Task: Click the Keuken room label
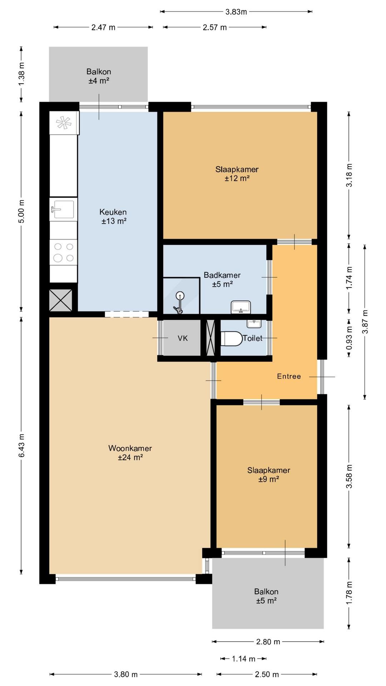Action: click(x=113, y=212)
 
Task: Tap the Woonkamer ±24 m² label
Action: click(x=130, y=453)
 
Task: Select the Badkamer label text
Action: click(x=222, y=275)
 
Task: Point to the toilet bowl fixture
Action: click(x=231, y=338)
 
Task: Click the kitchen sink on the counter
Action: click(x=63, y=209)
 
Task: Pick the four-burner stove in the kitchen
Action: click(x=63, y=252)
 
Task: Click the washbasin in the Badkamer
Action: click(x=241, y=307)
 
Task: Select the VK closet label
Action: click(x=183, y=338)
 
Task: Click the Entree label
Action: click(x=289, y=376)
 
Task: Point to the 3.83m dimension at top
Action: click(x=236, y=12)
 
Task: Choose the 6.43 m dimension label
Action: click(x=22, y=445)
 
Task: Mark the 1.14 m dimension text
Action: click(x=243, y=658)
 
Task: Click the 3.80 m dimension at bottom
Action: click(x=126, y=674)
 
